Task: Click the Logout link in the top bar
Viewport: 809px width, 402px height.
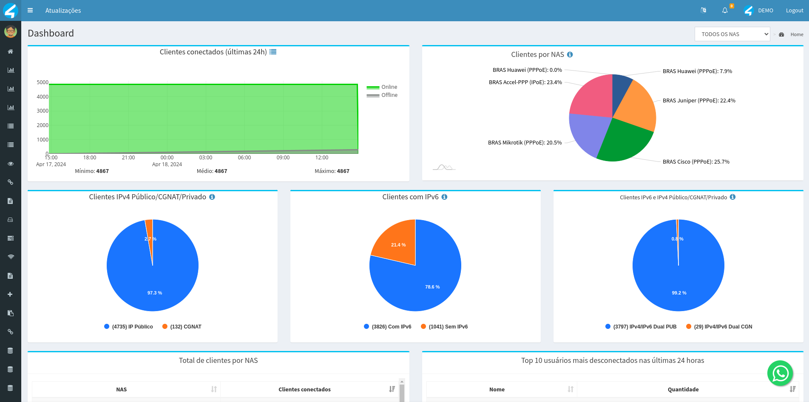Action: [794, 11]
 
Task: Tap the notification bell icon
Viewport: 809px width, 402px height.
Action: [725, 11]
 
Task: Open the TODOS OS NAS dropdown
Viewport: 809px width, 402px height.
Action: [732, 34]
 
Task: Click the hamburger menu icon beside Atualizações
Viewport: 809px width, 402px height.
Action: [30, 11]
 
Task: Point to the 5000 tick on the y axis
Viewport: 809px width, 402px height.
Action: [43, 82]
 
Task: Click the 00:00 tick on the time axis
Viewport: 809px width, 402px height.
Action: [167, 158]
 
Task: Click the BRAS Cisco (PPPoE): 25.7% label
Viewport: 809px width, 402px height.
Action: [696, 162]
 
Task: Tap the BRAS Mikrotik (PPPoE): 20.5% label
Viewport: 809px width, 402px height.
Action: [525, 143]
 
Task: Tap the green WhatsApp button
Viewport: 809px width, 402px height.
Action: [780, 374]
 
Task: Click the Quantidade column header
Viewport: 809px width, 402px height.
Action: [683, 390]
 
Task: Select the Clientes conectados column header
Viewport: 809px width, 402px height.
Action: [304, 390]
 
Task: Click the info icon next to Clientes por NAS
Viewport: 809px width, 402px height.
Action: [570, 55]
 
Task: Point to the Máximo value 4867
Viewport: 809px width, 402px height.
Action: [343, 171]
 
